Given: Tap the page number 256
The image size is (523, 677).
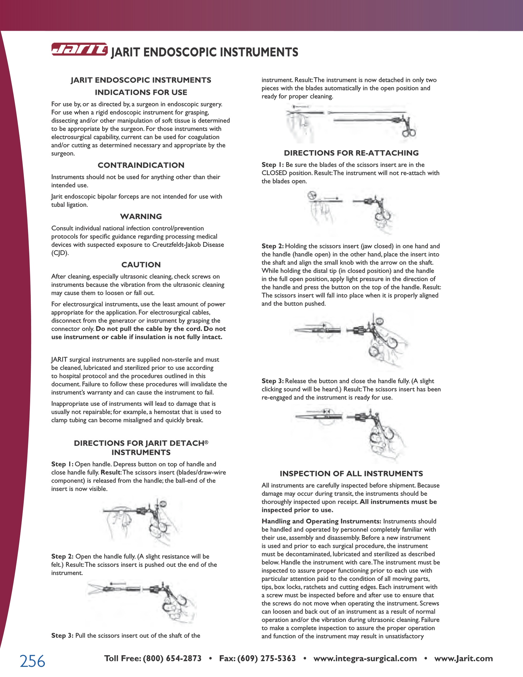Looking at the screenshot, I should click(33, 661).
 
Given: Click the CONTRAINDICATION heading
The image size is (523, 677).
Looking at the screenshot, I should click(141, 165).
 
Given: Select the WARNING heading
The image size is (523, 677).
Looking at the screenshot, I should click(141, 216).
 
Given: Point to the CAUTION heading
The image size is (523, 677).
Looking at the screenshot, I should click(141, 265).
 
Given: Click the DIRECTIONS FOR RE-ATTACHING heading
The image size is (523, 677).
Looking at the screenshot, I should click(351, 153).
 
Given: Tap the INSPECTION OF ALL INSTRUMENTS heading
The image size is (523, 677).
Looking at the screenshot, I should click(351, 474).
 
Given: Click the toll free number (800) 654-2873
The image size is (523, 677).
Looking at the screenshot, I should click(172, 659).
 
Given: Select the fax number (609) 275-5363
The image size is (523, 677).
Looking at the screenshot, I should click(267, 659).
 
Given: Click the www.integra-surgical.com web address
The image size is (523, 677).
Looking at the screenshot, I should click(365, 659).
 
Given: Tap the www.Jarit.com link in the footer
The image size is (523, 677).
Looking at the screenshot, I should click(464, 659).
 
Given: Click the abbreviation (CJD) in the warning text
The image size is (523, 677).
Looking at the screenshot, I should click(60, 253).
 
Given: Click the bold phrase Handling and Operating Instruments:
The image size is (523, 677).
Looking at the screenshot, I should click(321, 521).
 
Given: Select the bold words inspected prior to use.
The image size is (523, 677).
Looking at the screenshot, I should click(297, 510).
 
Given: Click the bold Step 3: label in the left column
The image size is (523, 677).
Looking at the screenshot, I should click(62, 636).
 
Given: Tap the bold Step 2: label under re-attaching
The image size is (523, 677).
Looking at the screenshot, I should click(272, 246).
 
